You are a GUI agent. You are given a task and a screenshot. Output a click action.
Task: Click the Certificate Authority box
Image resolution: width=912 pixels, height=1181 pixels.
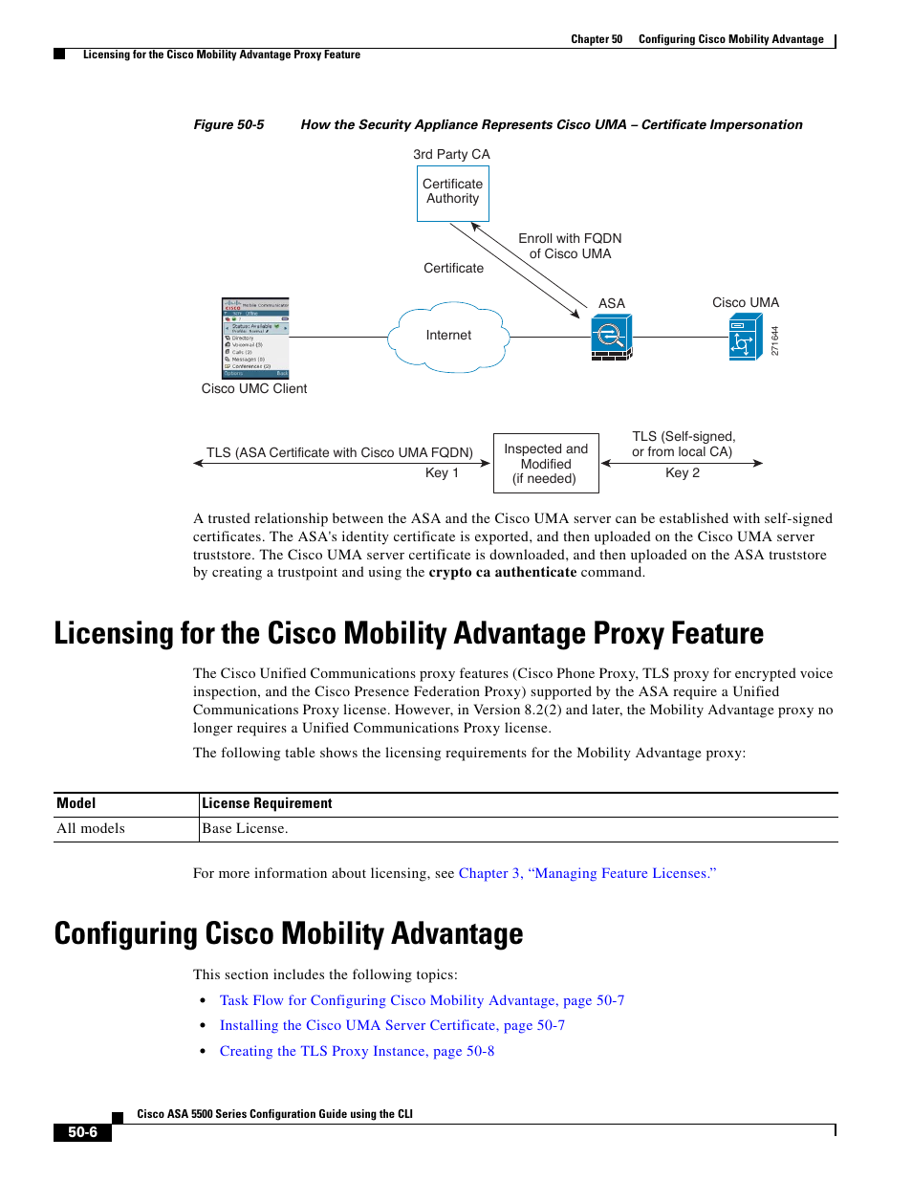(452, 192)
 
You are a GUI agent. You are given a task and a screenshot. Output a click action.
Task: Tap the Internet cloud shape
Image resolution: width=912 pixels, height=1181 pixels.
(448, 336)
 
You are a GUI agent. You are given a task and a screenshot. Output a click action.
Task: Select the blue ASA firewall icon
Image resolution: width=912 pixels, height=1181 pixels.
(611, 338)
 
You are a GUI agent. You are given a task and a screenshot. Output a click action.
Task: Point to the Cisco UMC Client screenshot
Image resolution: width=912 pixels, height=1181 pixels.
(255, 338)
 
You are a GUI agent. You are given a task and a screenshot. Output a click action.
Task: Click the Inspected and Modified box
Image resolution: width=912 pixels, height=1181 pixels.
(546, 464)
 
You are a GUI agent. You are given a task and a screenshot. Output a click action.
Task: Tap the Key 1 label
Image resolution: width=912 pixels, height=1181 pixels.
(442, 473)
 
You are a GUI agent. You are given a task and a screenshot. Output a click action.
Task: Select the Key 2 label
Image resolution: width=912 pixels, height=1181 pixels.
(683, 473)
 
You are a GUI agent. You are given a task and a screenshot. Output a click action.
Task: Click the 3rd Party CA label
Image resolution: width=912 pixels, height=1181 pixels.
(451, 154)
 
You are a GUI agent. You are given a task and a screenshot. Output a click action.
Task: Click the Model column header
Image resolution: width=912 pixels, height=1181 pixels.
(76, 803)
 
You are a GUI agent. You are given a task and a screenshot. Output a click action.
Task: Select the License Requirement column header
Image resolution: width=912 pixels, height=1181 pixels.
(267, 803)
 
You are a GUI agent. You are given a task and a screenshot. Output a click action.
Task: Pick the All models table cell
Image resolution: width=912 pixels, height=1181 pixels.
(91, 828)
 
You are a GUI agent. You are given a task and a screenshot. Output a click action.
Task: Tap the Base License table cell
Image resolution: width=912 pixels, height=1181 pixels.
(245, 828)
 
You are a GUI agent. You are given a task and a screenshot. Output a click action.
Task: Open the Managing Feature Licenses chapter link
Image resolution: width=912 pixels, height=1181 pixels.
(587, 873)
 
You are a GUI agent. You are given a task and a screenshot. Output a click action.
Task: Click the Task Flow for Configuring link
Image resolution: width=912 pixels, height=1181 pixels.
(422, 1000)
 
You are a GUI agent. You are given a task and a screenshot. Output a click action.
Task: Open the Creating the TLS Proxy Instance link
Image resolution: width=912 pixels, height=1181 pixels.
(357, 1051)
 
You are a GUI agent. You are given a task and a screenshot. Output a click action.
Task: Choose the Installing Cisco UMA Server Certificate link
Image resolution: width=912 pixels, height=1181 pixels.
(392, 1025)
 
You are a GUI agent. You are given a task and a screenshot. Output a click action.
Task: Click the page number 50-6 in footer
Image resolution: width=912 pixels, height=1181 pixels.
(82, 1132)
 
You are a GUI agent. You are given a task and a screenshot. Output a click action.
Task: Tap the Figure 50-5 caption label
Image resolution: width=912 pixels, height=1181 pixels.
(228, 124)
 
